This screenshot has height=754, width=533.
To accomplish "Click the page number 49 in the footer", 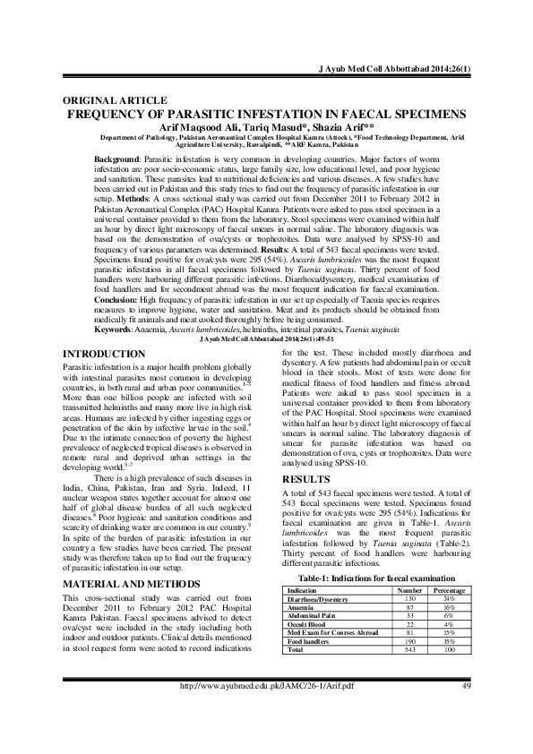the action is coord(466,736).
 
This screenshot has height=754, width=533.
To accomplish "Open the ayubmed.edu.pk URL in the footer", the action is coord(268,736).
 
